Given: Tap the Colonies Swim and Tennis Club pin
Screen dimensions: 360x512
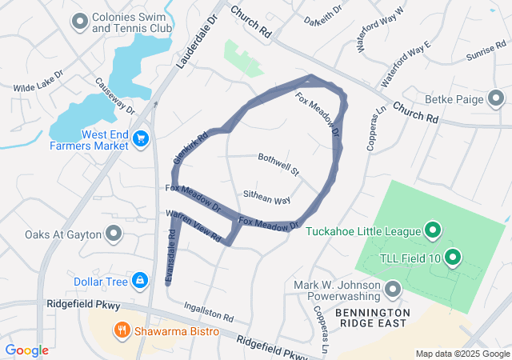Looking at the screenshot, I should (x=79, y=22).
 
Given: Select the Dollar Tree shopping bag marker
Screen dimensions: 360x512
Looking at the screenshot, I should (x=140, y=280).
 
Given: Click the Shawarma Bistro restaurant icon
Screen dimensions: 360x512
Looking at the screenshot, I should (x=122, y=329).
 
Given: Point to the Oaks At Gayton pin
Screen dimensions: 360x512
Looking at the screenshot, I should (x=114, y=234).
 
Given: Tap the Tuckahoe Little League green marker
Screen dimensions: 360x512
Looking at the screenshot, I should (x=434, y=231).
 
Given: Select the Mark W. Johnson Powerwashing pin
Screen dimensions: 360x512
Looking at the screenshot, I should (x=393, y=288).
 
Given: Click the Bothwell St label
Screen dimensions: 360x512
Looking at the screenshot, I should (x=278, y=165).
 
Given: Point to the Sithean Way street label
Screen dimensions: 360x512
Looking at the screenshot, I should (x=266, y=198).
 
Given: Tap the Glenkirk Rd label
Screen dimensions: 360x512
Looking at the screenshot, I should (x=184, y=149).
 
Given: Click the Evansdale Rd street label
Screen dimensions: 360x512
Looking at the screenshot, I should (x=170, y=255).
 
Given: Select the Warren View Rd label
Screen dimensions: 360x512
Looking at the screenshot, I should (x=193, y=224).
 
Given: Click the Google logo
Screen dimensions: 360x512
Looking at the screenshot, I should (x=26, y=350).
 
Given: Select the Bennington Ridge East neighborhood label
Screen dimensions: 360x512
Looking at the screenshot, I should (x=373, y=318).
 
